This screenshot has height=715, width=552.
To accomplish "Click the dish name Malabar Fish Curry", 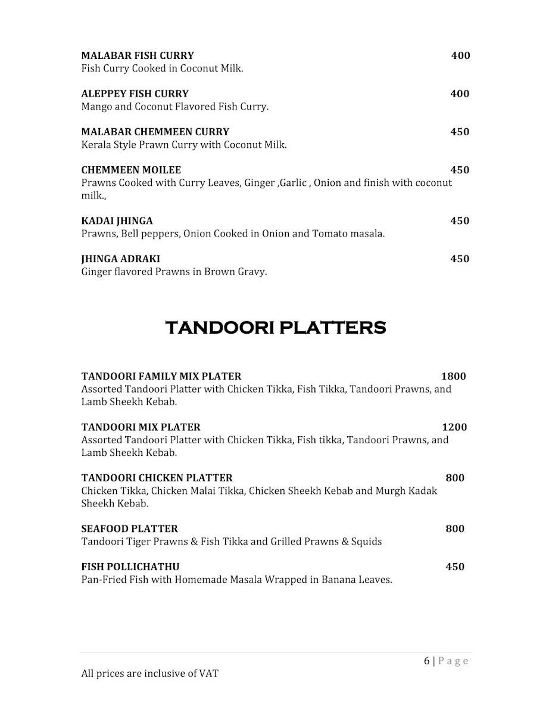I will (x=138, y=56).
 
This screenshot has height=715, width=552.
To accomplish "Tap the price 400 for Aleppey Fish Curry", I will (x=460, y=94).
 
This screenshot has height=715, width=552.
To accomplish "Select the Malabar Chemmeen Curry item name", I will (x=155, y=132).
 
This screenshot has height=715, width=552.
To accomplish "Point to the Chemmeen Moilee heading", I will (x=131, y=170).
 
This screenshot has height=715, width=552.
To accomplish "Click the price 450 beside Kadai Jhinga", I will (x=460, y=221).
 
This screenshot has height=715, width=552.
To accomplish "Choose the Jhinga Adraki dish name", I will (x=120, y=259).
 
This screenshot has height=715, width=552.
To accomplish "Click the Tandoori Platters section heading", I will (x=275, y=328).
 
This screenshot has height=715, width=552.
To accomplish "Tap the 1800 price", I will (x=453, y=377).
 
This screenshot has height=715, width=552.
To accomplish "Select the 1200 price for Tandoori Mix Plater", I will (x=454, y=427).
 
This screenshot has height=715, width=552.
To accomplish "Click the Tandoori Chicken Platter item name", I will (x=157, y=478).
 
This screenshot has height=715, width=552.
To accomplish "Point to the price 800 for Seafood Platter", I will (x=455, y=529).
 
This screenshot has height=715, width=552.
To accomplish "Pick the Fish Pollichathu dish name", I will (x=130, y=567).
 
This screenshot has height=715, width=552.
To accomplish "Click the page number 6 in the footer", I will (x=426, y=661).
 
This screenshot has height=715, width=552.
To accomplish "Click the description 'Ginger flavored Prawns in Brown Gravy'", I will (x=174, y=272).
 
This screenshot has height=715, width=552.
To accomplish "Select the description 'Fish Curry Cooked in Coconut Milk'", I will (x=162, y=69).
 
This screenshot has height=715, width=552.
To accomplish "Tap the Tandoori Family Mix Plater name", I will (x=161, y=377).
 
